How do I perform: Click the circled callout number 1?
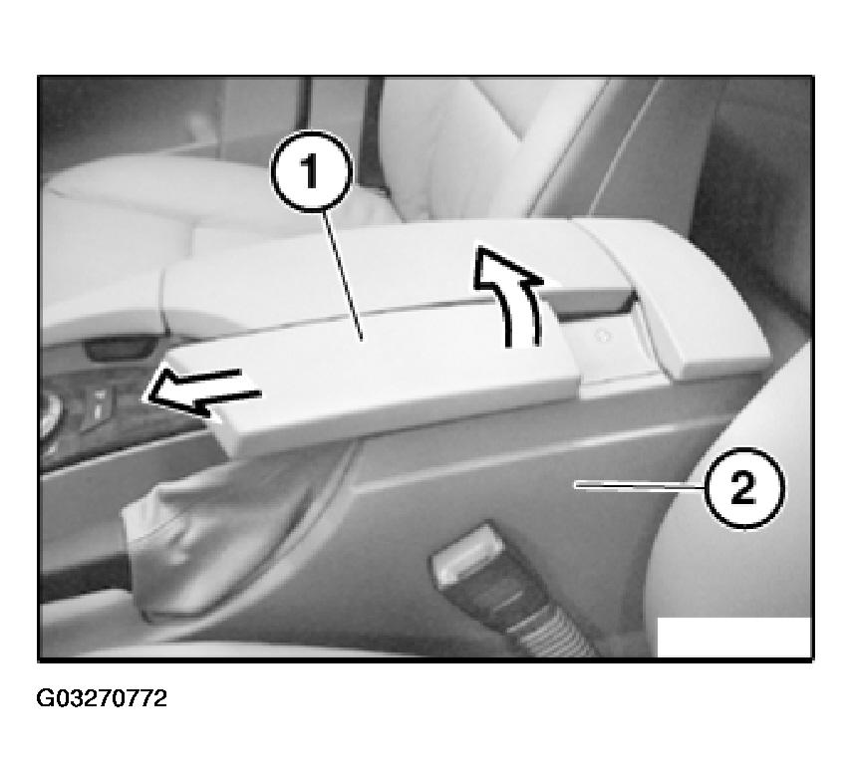tap(312, 170)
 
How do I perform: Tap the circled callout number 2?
tap(744, 487)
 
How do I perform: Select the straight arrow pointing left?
tap(201, 391)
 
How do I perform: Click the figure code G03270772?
tap(102, 698)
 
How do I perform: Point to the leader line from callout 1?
tap(342, 275)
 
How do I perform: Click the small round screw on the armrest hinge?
tap(602, 336)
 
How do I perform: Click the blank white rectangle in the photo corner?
tap(733, 637)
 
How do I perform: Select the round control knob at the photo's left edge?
tap(50, 413)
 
